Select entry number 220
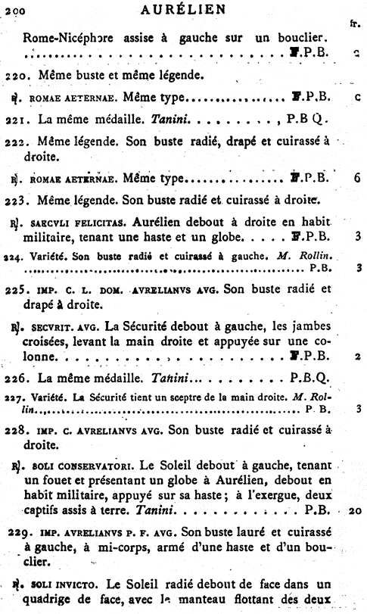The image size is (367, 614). click(x=14, y=76)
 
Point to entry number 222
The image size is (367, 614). click(x=14, y=142)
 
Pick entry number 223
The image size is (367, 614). click(x=14, y=201)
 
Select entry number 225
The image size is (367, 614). click(x=14, y=289)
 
